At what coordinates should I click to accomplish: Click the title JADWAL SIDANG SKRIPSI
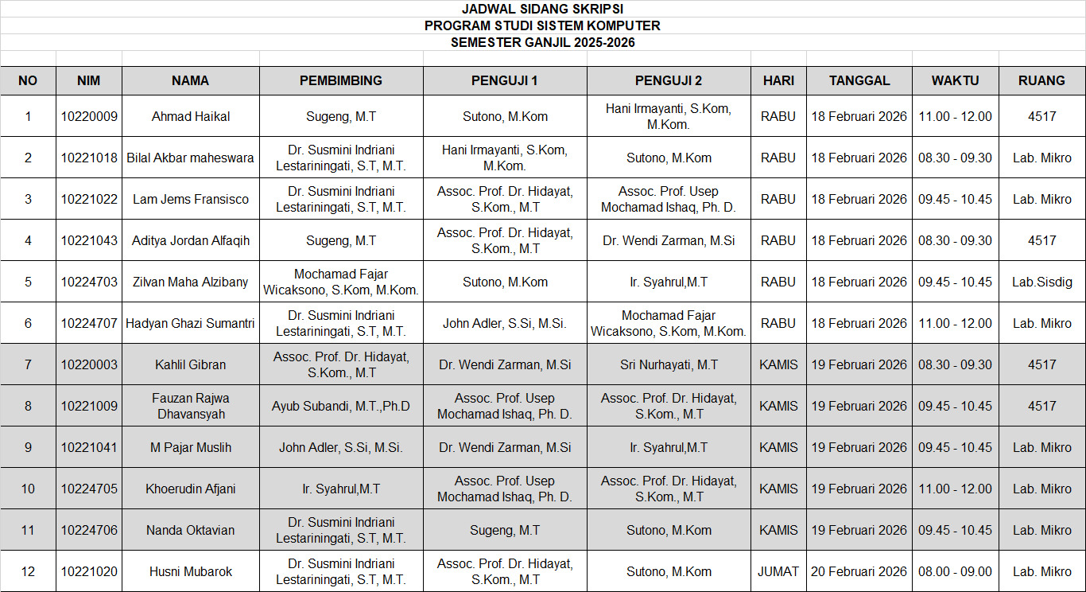(542, 9)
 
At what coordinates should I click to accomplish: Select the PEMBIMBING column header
(340, 80)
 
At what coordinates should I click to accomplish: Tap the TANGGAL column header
(859, 80)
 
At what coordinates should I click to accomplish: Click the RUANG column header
(1041, 80)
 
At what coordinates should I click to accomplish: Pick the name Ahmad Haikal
(191, 116)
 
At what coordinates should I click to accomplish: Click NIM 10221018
(89, 158)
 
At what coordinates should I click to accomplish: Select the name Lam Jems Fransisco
(191, 199)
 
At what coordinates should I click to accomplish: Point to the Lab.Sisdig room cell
(1041, 282)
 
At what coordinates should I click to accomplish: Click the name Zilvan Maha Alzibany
(191, 282)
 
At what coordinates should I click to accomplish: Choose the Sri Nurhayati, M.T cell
(669, 364)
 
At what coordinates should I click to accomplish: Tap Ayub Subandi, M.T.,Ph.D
(340, 406)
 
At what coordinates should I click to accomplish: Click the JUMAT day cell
(778, 571)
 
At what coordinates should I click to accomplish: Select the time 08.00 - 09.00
(955, 571)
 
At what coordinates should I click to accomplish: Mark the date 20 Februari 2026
(859, 571)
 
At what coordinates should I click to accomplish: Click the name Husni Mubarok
(191, 571)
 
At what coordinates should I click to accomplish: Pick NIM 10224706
(89, 530)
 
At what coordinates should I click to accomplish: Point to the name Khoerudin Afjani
(191, 489)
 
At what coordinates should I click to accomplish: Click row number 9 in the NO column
(28, 447)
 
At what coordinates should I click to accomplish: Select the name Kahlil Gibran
(191, 364)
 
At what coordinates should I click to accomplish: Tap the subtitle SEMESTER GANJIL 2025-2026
(542, 43)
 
